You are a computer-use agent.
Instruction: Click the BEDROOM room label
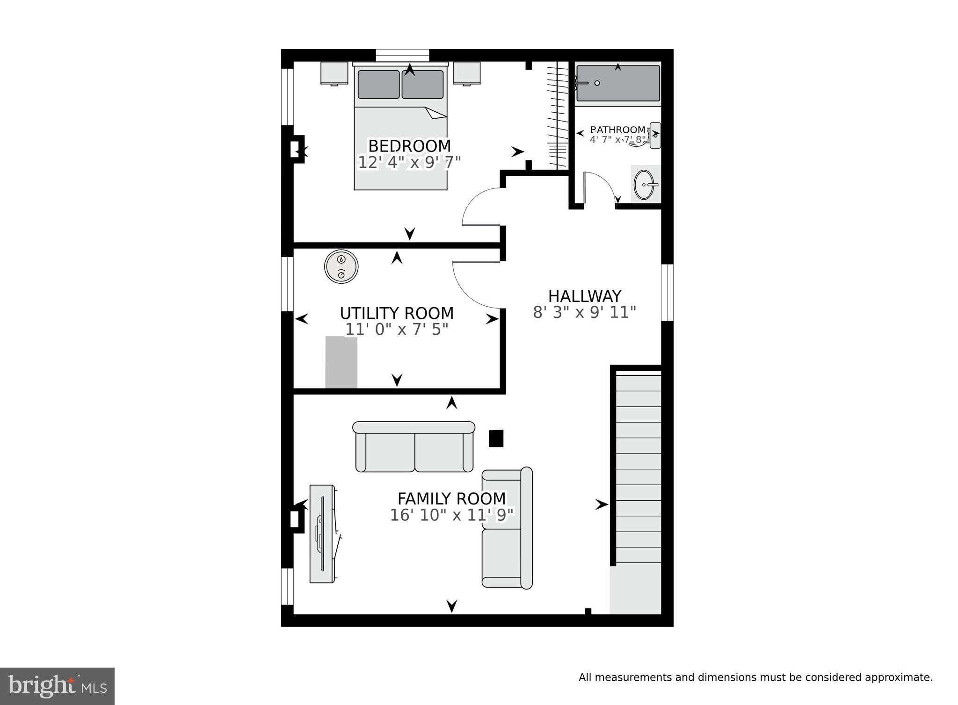(409, 146)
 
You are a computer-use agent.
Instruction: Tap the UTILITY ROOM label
(397, 313)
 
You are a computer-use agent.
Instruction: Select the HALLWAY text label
(585, 296)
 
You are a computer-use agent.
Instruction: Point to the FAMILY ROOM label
(451, 498)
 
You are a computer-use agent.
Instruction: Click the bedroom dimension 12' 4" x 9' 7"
(409, 162)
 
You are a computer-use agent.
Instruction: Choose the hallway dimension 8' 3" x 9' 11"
(585, 312)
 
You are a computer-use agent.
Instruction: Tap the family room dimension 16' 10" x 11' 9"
(452, 515)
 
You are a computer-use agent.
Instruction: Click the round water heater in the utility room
(341, 266)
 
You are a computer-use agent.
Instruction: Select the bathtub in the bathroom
(617, 83)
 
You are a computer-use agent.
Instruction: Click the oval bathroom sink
(646, 184)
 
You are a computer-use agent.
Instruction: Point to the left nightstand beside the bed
(334, 73)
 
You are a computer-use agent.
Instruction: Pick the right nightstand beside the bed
(467, 73)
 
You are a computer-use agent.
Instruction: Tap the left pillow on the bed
(379, 84)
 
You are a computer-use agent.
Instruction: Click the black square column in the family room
(496, 438)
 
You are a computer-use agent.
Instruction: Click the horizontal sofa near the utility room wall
(414, 446)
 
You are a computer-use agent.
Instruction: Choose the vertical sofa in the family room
(507, 528)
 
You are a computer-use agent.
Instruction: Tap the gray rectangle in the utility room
(341, 362)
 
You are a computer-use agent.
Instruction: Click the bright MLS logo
(57, 686)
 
